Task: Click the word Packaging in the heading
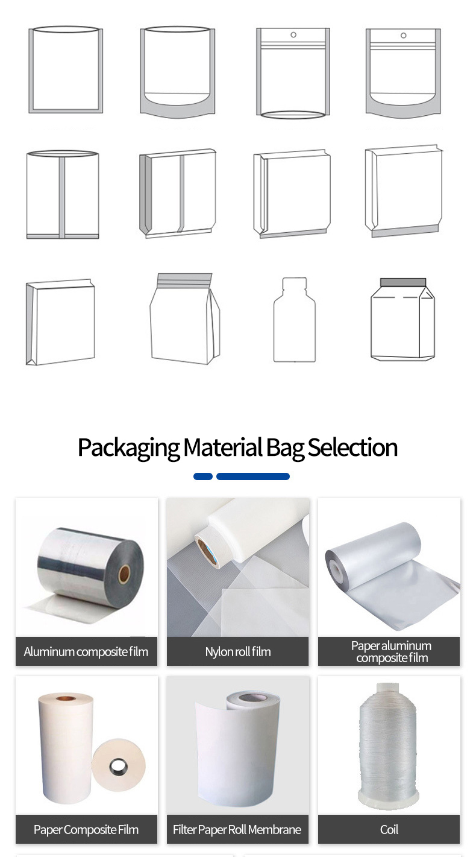click(128, 448)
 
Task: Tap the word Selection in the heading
click(352, 447)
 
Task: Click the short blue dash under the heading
click(203, 476)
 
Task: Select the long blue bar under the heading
click(252, 476)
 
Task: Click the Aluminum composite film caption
click(86, 651)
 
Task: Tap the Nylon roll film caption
click(238, 651)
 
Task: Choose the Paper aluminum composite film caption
click(391, 651)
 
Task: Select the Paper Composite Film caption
click(86, 829)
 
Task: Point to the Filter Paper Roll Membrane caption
click(237, 829)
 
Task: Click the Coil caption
click(389, 829)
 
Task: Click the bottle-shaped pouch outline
click(295, 320)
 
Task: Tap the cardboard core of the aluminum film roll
click(124, 574)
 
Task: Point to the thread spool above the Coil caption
click(387, 745)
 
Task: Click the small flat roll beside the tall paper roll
click(119, 765)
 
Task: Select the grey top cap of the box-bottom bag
click(403, 282)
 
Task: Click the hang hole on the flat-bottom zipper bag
click(293, 35)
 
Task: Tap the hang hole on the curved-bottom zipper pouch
click(403, 36)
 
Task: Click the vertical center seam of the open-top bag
click(62, 195)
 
